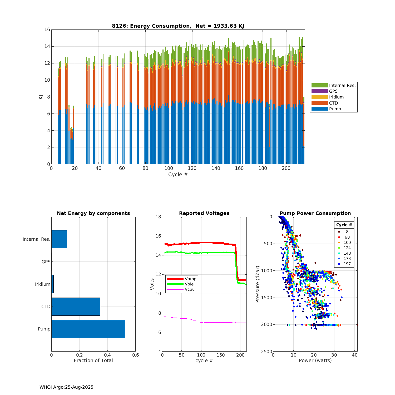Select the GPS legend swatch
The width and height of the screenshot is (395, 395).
319,91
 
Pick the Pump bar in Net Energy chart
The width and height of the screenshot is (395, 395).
88,329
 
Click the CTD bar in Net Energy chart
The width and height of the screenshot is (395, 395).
76,307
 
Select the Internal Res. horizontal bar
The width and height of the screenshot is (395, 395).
59,239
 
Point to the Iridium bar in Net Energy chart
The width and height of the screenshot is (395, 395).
52,284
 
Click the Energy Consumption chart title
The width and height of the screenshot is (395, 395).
178,26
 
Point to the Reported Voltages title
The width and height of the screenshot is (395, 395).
204,213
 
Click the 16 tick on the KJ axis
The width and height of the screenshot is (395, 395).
47,29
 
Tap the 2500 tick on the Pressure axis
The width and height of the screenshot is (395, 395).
267,352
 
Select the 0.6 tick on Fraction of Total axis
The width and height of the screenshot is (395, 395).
135,355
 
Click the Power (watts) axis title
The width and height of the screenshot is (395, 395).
315,361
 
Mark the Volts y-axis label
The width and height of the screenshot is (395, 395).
152,284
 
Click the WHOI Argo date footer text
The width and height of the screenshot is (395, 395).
66,387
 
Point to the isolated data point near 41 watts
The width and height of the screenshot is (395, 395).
357,325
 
